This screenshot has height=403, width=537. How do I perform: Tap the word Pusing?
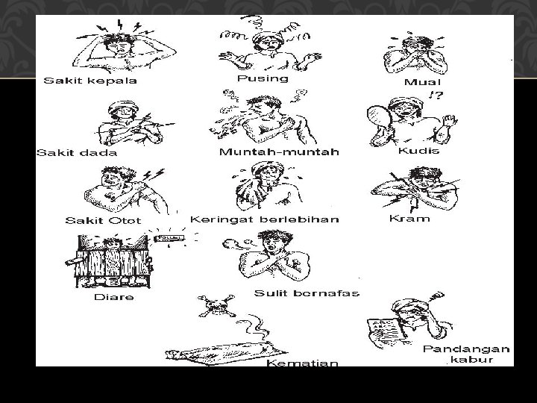pos(262,78)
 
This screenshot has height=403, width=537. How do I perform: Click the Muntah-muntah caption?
pos(279,151)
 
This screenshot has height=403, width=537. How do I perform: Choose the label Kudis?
pos(418,151)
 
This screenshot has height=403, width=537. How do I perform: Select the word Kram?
pos(409,219)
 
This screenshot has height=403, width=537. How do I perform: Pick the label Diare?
pos(114,297)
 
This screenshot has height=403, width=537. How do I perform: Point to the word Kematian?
pos(302,363)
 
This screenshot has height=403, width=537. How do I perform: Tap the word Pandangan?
pos(466,349)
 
